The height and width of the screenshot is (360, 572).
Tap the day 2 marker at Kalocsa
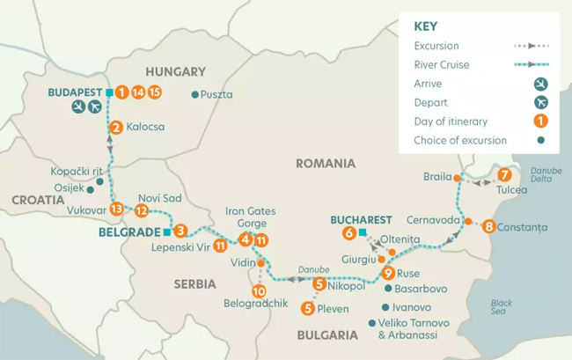115,128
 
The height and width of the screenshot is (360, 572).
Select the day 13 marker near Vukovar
116,209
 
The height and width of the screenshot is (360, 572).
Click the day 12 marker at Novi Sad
141,210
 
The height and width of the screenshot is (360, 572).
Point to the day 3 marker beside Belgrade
180,231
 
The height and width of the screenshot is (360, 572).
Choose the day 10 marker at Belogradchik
259,291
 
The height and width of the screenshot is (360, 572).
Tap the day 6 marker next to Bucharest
348,233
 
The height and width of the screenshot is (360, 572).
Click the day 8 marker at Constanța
488,227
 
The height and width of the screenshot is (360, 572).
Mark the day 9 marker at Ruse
388,273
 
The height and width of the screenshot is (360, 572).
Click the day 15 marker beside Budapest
155,92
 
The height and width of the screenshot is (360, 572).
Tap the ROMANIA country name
326,164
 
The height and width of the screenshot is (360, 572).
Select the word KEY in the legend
426,26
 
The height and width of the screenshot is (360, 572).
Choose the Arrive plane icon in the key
540,84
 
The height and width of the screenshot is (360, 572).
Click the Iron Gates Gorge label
250,217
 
